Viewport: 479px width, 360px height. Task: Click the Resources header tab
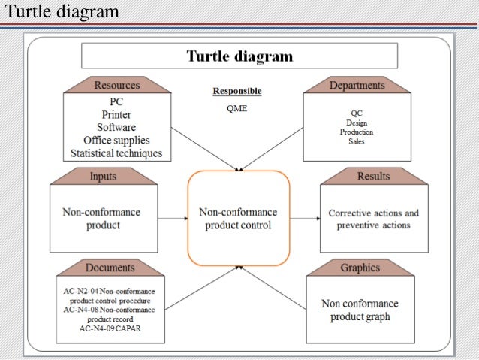(x=116, y=84)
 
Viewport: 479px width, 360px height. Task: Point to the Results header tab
(x=373, y=176)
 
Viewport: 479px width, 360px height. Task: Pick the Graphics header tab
(x=360, y=268)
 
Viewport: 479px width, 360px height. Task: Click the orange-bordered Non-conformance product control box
(x=238, y=218)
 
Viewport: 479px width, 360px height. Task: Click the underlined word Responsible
(x=237, y=92)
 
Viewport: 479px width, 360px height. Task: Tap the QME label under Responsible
(x=236, y=108)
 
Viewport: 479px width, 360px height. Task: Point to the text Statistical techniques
(x=116, y=153)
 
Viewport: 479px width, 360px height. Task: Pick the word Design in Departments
(x=357, y=123)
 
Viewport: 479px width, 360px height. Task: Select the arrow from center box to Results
(x=304, y=219)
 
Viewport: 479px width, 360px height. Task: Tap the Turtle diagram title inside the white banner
(x=239, y=56)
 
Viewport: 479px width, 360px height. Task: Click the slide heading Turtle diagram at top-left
(x=60, y=11)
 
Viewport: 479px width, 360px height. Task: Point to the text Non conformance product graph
(x=360, y=310)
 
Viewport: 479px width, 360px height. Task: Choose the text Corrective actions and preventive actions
(x=373, y=219)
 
